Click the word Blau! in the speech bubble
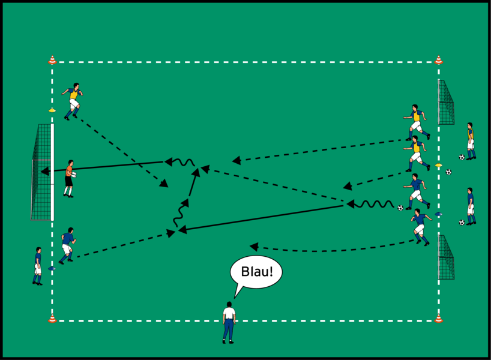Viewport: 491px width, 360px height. pos(256,272)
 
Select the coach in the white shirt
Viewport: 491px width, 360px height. pos(228,322)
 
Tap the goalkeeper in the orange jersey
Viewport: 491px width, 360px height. pos(70,178)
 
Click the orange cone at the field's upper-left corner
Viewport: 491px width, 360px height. pos(52,60)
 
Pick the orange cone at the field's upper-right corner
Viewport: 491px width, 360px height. pos(438,60)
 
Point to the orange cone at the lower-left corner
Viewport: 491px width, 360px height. pos(52,319)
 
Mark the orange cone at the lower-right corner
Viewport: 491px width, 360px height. pos(438,319)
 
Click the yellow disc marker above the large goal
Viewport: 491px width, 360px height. pos(52,110)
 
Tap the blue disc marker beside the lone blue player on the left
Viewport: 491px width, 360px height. pos(52,268)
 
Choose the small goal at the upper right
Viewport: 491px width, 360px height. pos(446,102)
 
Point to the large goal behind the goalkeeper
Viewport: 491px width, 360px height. pos(42,172)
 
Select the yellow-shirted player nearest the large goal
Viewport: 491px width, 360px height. pos(73,101)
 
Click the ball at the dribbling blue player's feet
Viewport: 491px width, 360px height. pos(400,208)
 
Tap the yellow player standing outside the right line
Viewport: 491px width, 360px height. pos(470,141)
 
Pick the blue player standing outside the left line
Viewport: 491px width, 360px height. pos(38,265)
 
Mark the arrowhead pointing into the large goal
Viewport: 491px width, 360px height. pos(44,172)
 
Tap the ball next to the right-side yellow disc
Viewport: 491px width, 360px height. pos(448,172)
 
